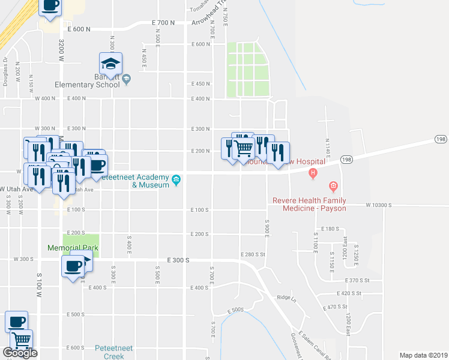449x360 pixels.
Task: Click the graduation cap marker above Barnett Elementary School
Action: [111, 63]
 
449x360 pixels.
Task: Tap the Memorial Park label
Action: [73, 248]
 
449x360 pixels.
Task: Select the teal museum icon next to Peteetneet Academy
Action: [176, 180]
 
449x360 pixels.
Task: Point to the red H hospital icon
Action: [312, 174]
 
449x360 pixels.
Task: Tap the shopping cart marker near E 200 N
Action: [243, 146]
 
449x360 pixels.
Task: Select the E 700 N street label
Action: [163, 22]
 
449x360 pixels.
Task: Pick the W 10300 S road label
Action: [379, 205]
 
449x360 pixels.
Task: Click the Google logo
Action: [20, 353]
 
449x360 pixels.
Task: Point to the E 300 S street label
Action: [178, 260]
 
